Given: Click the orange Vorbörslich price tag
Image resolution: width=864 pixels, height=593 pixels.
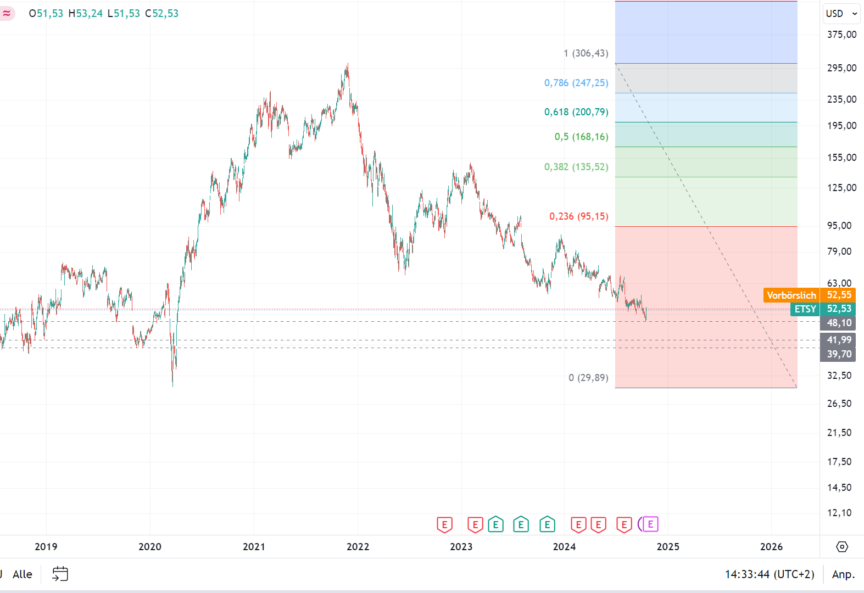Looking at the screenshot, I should pyautogui.click(x=791, y=295).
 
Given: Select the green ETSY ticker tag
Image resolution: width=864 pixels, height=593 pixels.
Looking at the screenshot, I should pyautogui.click(x=805, y=309).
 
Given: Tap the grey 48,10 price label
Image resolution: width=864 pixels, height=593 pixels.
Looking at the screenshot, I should pyautogui.click(x=839, y=323).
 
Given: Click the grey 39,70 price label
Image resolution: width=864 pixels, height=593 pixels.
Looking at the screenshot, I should pyautogui.click(x=839, y=354).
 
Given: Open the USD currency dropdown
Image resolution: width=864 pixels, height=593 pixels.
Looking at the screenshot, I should pyautogui.click(x=841, y=14).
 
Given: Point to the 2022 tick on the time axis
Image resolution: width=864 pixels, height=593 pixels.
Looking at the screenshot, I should pyautogui.click(x=358, y=546).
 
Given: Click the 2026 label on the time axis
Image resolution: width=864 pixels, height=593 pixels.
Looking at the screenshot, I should pyautogui.click(x=771, y=546).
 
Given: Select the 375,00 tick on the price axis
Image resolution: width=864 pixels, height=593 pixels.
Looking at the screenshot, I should pyautogui.click(x=841, y=35).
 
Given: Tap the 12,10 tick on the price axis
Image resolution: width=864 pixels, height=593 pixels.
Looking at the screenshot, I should pyautogui.click(x=839, y=513).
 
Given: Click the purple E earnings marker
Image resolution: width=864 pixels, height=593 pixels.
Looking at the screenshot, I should pyautogui.click(x=650, y=524).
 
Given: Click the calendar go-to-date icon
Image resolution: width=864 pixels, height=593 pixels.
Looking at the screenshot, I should pyautogui.click(x=60, y=574).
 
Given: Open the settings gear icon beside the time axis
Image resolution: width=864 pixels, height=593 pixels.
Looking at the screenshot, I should pyautogui.click(x=841, y=547).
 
